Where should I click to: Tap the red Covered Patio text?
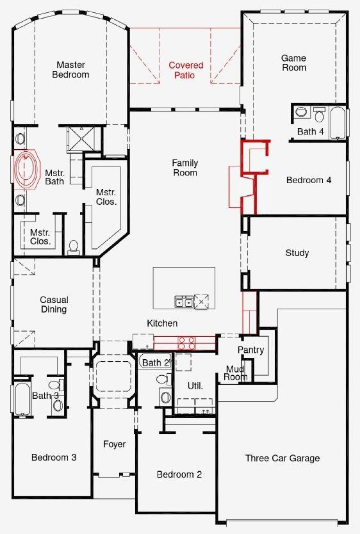point(186,70)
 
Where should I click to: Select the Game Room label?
point(293,63)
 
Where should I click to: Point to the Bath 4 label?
point(311,132)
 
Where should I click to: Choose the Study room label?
point(297,253)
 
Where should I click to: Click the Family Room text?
point(184,168)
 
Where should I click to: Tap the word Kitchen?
point(162,323)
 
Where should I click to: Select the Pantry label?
point(250,350)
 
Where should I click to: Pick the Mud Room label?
point(236,373)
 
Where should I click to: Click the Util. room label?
point(195,386)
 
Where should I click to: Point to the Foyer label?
point(115,444)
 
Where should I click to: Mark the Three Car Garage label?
point(282,458)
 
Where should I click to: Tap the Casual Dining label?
point(54,305)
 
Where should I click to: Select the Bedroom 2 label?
point(179,474)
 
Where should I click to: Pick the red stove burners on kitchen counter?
point(186,343)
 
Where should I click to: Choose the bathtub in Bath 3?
point(21,399)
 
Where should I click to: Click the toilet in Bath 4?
point(320,115)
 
